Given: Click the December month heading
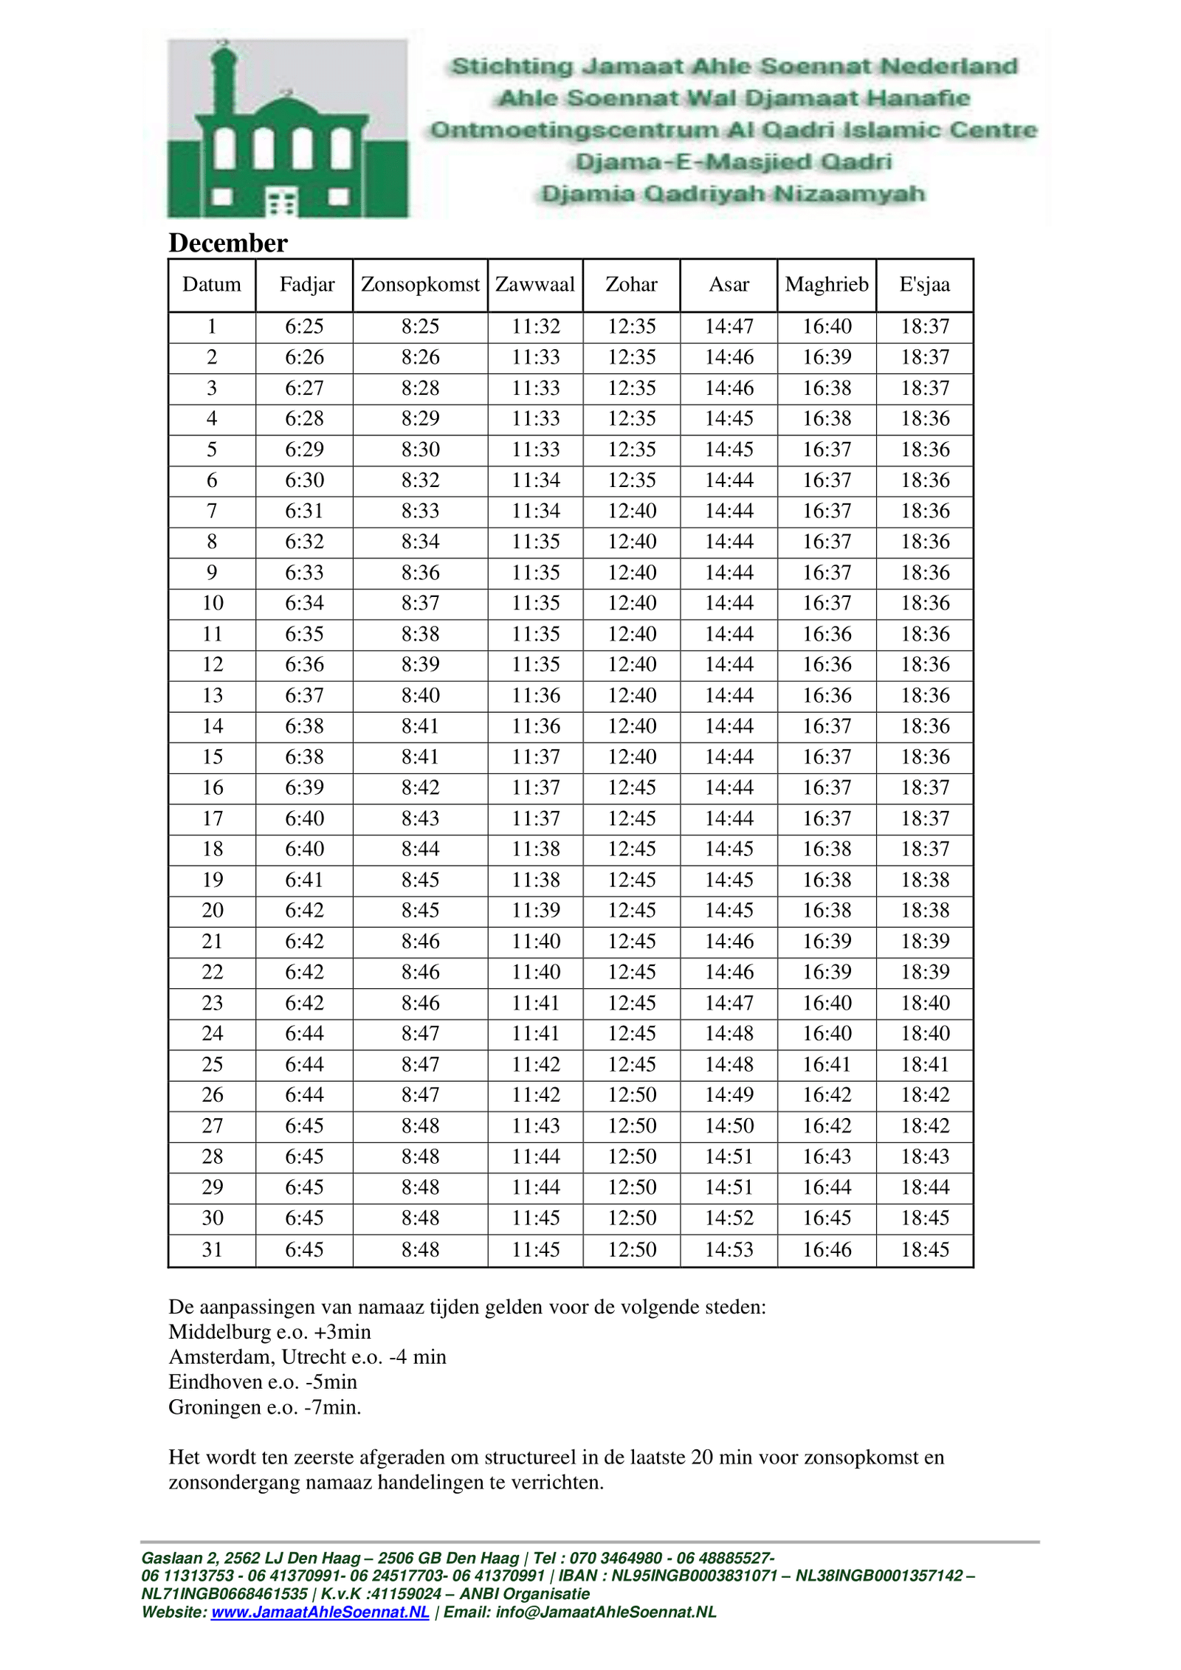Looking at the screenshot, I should [x=227, y=243].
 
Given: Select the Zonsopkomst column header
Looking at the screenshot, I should [x=420, y=285].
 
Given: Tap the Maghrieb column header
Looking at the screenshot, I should [x=827, y=285].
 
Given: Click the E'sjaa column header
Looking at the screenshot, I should [x=924, y=285].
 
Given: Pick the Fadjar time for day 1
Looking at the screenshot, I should [x=304, y=326].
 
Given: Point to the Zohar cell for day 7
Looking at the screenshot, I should [x=632, y=511].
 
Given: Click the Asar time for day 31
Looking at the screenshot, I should [x=729, y=1249].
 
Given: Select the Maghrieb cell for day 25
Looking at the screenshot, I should [x=827, y=1064].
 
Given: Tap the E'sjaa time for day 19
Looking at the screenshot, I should [x=925, y=880].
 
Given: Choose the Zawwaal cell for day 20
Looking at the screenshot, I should [x=536, y=910].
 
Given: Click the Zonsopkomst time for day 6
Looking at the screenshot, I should [x=420, y=480].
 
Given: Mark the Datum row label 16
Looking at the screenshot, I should [x=213, y=787].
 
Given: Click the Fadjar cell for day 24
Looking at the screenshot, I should [x=304, y=1033].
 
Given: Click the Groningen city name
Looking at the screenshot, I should [x=209, y=1407].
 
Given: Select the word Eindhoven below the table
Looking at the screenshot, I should [x=208, y=1382].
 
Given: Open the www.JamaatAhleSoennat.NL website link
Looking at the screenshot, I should [x=320, y=1612].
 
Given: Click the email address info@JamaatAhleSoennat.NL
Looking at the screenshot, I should [x=605, y=1612].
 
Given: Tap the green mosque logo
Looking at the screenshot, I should [x=287, y=129].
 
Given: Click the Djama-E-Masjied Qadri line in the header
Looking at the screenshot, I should [x=733, y=162].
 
